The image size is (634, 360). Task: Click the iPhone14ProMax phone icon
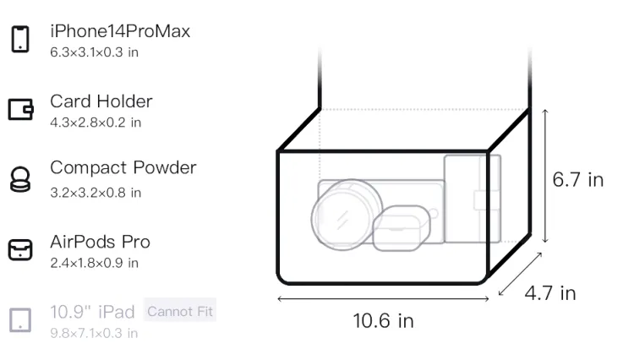pos(20,39)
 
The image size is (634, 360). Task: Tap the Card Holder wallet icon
pos(20,109)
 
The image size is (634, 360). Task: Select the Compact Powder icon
pos(20,179)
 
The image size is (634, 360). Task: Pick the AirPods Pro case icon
pos(20,249)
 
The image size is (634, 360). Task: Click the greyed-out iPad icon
pos(20,320)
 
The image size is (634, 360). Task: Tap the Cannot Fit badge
pos(180,311)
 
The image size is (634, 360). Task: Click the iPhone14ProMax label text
pos(120,31)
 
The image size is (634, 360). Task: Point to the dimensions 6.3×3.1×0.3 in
pos(94,52)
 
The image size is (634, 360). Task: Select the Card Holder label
pos(101,101)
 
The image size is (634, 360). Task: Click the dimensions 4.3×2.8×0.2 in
pos(96,123)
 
